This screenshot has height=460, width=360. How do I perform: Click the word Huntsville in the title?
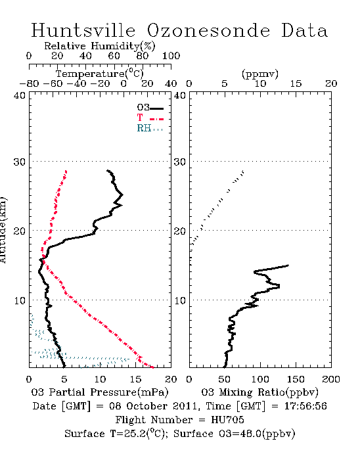pyautogui.click(x=83, y=30)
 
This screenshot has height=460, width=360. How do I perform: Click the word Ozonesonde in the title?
pyautogui.click(x=208, y=30)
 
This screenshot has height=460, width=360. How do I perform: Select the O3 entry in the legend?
pyautogui.click(x=150, y=108)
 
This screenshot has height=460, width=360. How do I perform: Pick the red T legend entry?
pyautogui.click(x=150, y=118)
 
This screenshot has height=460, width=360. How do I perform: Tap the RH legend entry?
pyautogui.click(x=150, y=128)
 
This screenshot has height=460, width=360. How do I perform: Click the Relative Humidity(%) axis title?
pyautogui.click(x=100, y=46)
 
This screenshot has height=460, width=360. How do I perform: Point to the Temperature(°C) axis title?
pyautogui.click(x=100, y=74)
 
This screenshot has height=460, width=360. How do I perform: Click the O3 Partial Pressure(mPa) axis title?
pyautogui.click(x=100, y=392)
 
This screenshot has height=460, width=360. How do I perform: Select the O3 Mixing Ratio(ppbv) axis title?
pyautogui.click(x=259, y=392)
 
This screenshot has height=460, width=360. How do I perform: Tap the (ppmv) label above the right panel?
pyautogui.click(x=260, y=74)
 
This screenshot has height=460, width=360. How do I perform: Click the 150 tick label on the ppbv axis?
pyautogui.click(x=296, y=379)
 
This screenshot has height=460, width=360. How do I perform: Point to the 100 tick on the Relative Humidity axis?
pyautogui.click(x=171, y=55)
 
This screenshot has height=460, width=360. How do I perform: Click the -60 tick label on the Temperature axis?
pyautogui.click(x=53, y=83)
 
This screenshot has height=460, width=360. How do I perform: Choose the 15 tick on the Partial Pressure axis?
pyautogui.click(x=135, y=379)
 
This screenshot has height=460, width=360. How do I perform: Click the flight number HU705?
pyautogui.click(x=227, y=420)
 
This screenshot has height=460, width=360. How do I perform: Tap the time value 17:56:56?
pyautogui.click(x=305, y=406)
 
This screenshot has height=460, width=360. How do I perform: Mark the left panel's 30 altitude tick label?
pyautogui.click(x=19, y=162)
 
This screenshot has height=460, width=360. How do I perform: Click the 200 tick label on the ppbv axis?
pyautogui.click(x=331, y=379)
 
